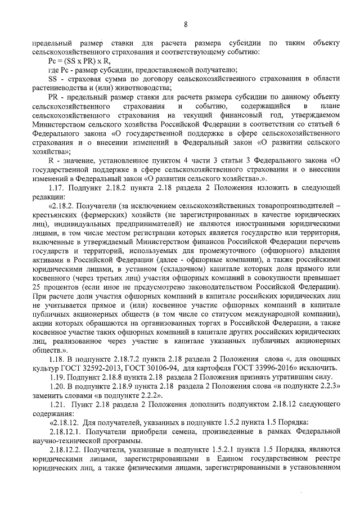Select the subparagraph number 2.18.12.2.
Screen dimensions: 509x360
click(67, 456)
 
